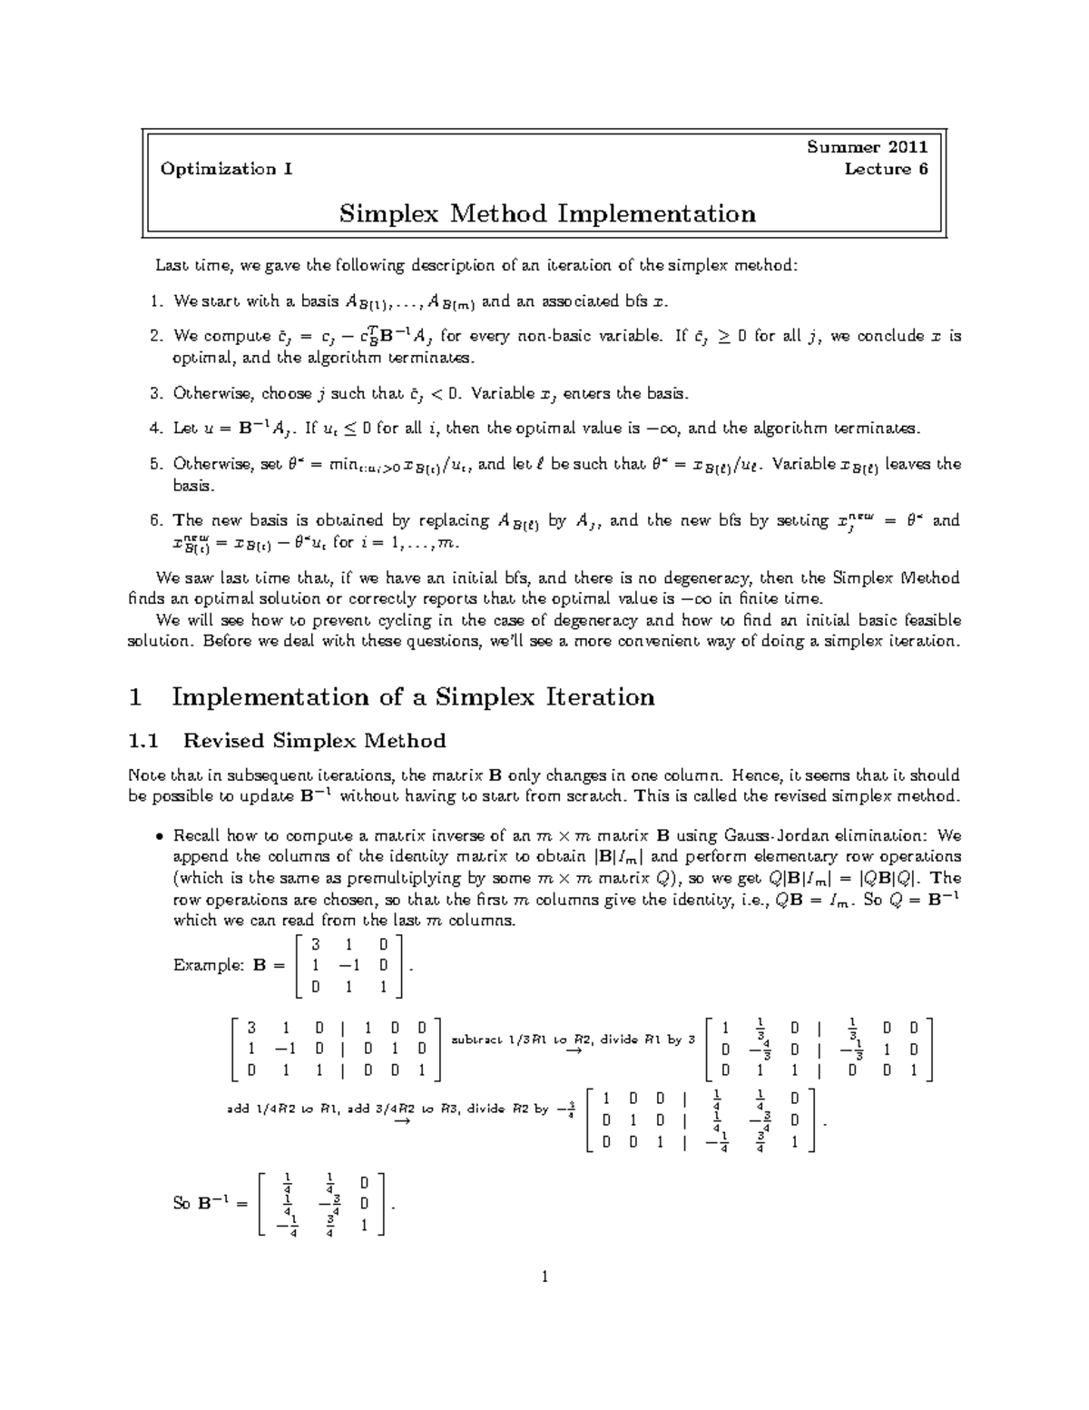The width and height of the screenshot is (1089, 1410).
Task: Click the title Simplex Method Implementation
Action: (x=546, y=214)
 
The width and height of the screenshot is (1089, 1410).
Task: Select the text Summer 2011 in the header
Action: (x=868, y=147)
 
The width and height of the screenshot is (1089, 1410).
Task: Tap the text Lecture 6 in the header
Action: (x=886, y=169)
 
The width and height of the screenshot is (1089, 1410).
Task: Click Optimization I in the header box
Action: (x=226, y=169)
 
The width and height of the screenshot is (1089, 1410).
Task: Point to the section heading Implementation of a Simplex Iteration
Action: (x=413, y=697)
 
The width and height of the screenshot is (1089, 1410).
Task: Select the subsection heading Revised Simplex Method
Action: (x=314, y=741)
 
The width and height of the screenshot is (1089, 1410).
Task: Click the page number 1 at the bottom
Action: (x=544, y=1277)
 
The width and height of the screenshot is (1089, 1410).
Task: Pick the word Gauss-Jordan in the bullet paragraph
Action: (x=767, y=835)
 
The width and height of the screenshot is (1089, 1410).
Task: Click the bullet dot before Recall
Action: (x=159, y=836)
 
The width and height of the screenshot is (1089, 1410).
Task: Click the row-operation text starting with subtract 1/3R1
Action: (x=573, y=1040)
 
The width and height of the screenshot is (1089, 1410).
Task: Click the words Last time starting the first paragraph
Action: (x=187, y=266)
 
